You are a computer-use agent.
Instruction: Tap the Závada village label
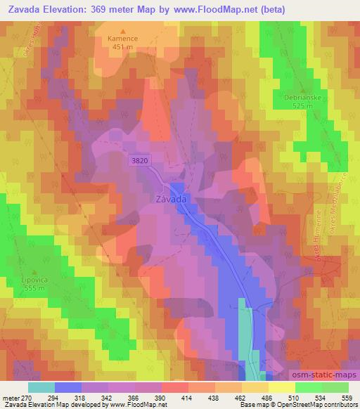(x=169, y=199)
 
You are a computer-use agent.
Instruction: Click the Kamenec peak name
(x=124, y=40)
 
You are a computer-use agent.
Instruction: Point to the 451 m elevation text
(x=124, y=48)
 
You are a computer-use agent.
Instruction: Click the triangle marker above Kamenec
(x=124, y=32)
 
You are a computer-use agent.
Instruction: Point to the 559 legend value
(x=347, y=397)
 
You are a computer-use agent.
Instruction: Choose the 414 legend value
(x=188, y=397)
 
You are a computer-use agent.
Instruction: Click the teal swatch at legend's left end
(x=41, y=387)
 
